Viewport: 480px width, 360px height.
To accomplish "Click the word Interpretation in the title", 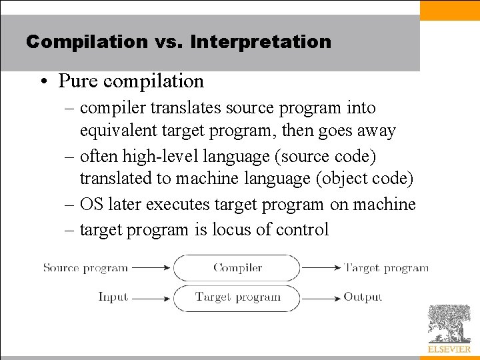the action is point(260,42).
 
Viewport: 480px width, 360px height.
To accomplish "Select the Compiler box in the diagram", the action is point(237,268).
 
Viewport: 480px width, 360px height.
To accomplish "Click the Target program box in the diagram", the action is point(237,297).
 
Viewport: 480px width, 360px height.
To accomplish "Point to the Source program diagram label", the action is point(85,268).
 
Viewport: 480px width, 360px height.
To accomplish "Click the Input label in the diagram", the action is point(113,297).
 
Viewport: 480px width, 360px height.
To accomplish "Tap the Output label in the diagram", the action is point(363,297).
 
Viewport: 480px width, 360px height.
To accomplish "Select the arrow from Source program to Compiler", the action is point(151,268).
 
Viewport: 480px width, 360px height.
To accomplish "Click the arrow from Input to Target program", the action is point(151,297).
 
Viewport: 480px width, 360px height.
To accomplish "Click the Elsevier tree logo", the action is point(449,323).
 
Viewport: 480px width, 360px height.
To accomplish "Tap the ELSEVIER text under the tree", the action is point(449,349).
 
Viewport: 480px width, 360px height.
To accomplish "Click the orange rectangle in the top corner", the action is point(449,10).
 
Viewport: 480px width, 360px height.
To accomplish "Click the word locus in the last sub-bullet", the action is point(232,230).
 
